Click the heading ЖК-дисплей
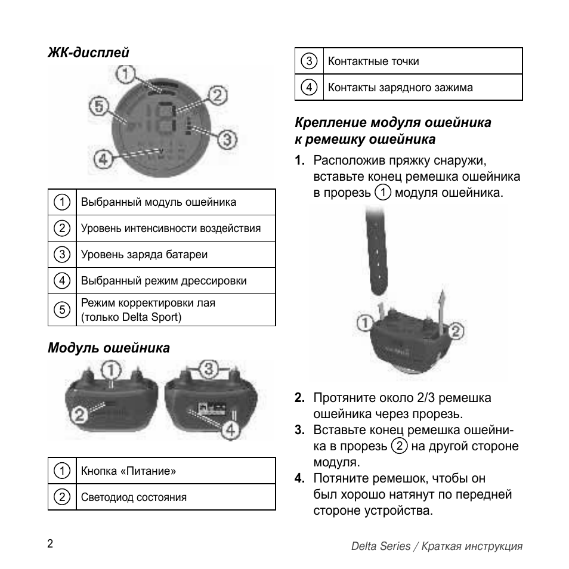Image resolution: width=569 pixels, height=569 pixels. [x=88, y=52]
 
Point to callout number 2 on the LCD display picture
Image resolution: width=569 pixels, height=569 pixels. [x=218, y=95]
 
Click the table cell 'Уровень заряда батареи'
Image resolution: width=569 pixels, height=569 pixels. [x=144, y=255]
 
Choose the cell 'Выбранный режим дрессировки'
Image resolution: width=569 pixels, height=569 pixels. [x=163, y=281]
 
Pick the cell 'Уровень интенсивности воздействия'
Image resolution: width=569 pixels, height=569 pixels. [x=171, y=228]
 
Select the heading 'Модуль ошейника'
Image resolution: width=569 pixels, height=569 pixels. [x=109, y=348]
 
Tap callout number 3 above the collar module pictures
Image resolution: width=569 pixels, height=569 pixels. [x=207, y=369]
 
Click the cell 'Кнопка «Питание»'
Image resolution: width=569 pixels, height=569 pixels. [x=128, y=471]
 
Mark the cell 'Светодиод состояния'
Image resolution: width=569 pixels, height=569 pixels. [x=134, y=497]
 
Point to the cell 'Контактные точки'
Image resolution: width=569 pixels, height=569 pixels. [x=373, y=61]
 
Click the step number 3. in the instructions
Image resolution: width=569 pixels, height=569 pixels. [x=300, y=430]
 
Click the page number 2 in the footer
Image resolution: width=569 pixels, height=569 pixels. [x=50, y=543]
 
